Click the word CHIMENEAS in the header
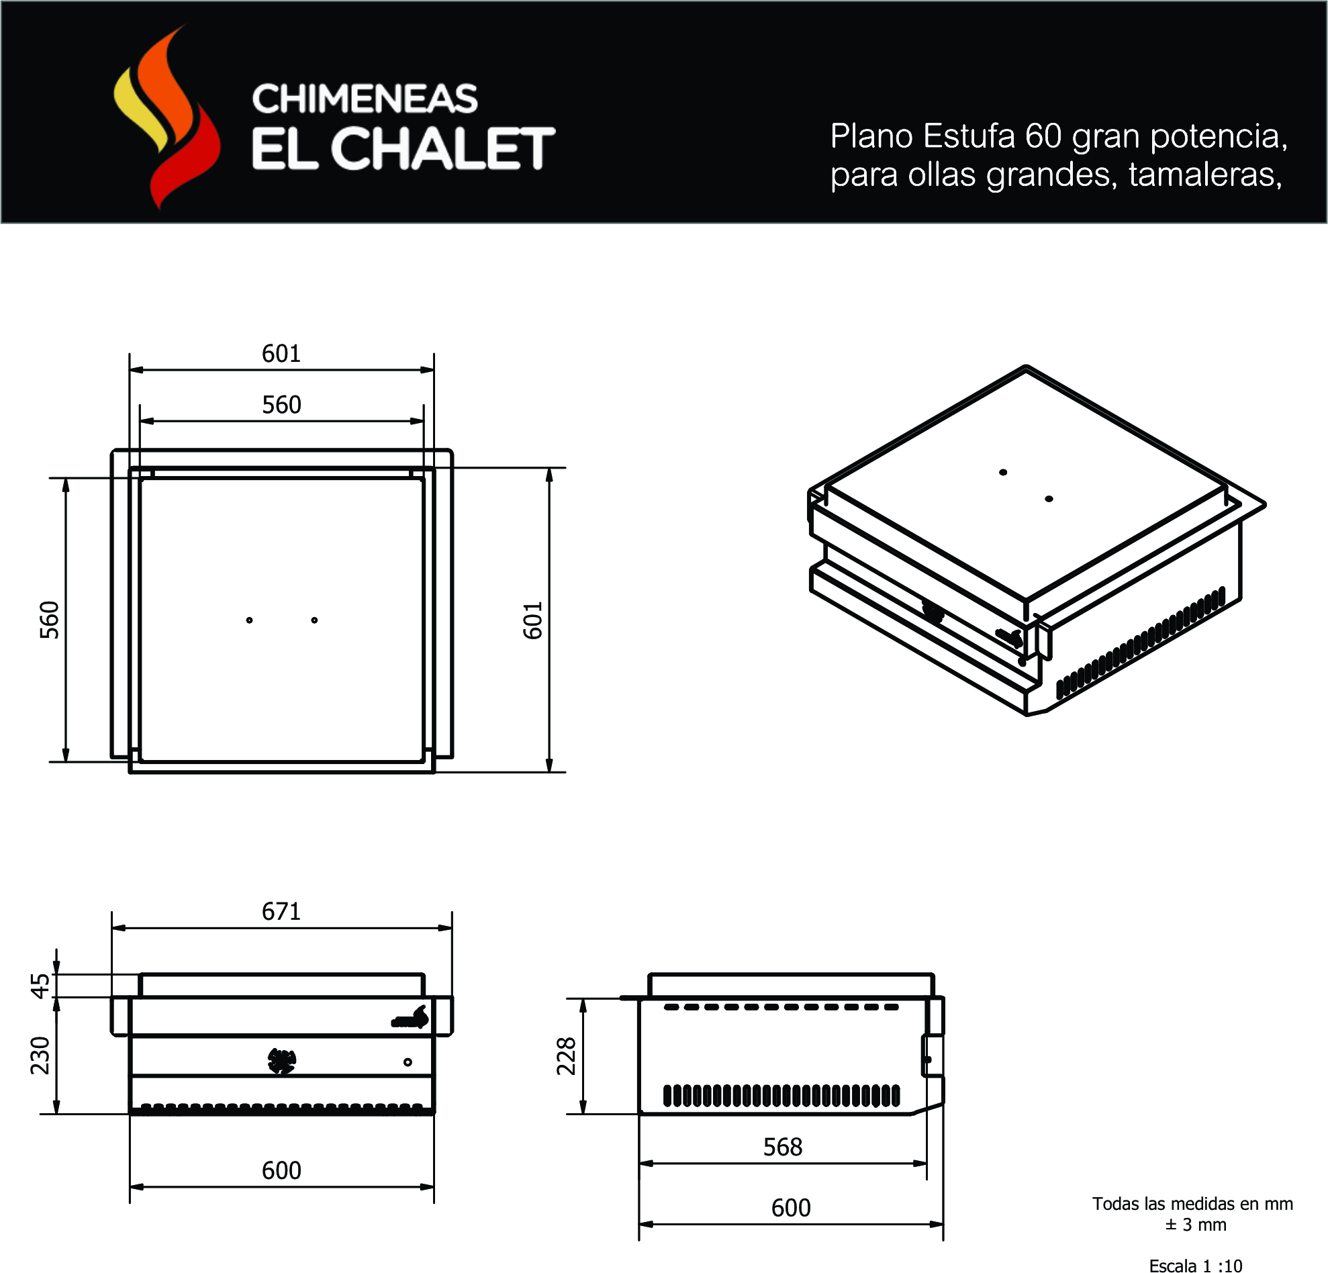pos(365,99)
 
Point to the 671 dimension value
pos(281,912)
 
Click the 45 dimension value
pos(42,986)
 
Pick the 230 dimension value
pos(41,1055)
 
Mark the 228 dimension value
pos(567,1055)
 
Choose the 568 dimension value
pos(783,1147)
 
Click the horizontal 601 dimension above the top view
pos(281,354)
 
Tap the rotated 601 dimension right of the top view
pos(533,620)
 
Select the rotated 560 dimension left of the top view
pos(50,620)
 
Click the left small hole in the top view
pos(249,620)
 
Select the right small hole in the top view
pos(314,620)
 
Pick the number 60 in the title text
pos(1043,136)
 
